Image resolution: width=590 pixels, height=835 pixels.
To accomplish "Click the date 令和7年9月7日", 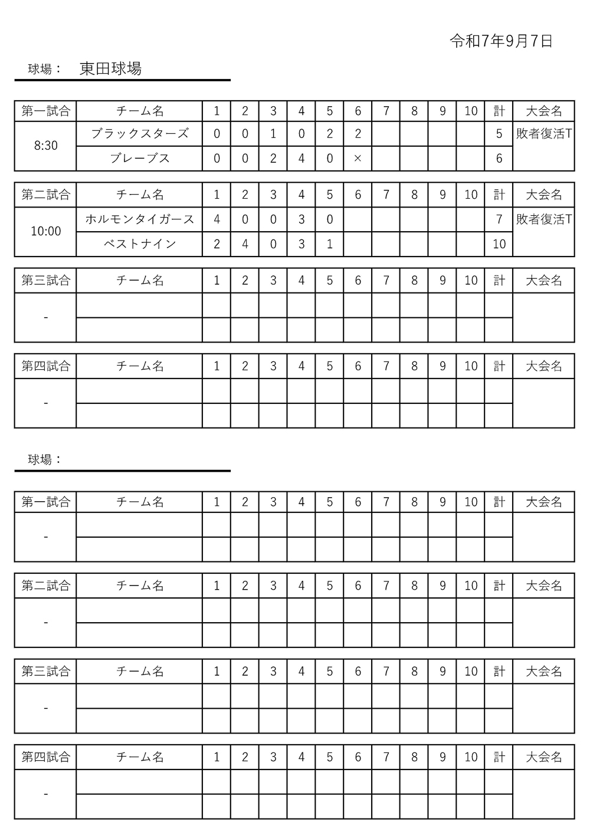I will click(501, 41).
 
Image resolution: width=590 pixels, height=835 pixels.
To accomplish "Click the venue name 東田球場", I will click(110, 69).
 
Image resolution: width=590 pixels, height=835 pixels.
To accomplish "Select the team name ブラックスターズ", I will click(140, 134).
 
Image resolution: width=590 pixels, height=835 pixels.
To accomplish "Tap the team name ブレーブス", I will click(140, 158).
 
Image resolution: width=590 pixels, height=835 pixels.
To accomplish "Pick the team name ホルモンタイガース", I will click(140, 219).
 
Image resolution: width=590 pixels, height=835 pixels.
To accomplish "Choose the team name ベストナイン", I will click(140, 244).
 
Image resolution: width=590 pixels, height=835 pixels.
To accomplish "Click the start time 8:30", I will click(46, 146).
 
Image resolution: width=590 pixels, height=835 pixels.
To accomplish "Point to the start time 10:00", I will click(46, 231).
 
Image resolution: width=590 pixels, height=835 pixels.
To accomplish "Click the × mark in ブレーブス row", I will click(358, 158).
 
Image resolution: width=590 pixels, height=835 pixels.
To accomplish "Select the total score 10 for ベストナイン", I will click(499, 244).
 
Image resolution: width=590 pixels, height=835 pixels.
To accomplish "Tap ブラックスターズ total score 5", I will click(499, 134).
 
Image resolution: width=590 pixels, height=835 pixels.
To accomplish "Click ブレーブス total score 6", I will click(499, 158).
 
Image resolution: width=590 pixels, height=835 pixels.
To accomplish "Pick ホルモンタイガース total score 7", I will click(499, 219).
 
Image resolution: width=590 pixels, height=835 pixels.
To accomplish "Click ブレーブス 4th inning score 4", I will click(301, 158).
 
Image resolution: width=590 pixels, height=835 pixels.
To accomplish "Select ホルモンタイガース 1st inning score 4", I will click(217, 219).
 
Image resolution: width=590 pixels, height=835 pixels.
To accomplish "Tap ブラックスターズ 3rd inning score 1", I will click(273, 134).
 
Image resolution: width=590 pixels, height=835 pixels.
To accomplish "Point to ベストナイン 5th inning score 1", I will click(329, 244).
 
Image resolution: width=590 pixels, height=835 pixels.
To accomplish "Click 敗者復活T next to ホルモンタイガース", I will click(543, 219).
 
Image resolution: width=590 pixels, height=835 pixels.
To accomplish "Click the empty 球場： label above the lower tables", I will click(45, 460).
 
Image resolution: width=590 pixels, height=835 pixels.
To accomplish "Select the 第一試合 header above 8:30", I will click(46, 111).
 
